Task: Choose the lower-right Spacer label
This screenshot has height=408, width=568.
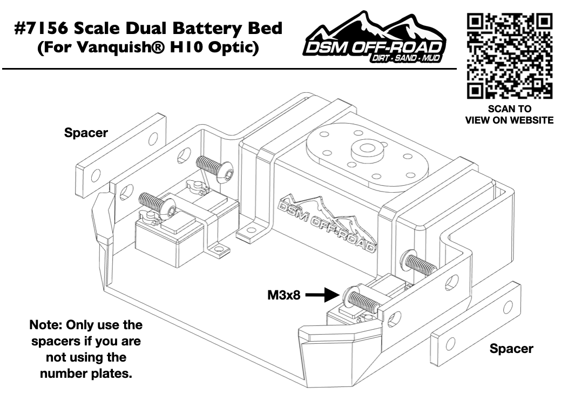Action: tap(511, 348)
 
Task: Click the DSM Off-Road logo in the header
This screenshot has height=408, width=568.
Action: tap(376, 41)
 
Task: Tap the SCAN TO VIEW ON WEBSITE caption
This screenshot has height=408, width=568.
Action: tap(509, 114)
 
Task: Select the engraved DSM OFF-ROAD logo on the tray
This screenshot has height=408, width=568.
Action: tap(327, 226)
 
